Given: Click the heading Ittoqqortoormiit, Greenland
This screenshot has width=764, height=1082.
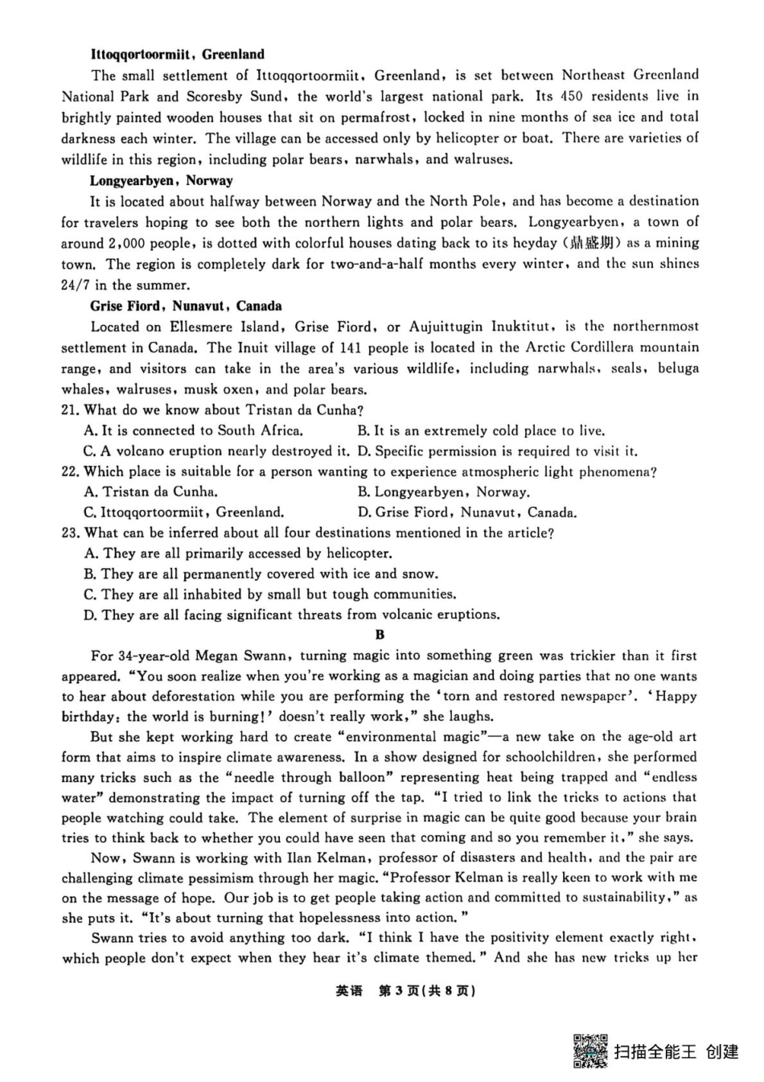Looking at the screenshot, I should coord(177,55).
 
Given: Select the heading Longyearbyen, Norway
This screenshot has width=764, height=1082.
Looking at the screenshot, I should coord(161,180).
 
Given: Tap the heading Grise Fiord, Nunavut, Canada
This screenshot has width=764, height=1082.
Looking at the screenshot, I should coord(186,306).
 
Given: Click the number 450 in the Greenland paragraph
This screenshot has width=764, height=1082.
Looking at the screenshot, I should coord(570,97).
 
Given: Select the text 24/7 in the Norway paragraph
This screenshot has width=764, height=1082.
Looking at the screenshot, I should coord(76,285).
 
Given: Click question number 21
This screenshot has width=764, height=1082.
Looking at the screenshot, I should coord(71,410).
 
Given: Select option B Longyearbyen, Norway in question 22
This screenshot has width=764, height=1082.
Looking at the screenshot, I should coord(443,492).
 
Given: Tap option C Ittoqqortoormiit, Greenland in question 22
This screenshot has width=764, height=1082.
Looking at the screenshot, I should coord(183,512).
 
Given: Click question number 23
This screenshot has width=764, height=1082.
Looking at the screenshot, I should coord(71,533).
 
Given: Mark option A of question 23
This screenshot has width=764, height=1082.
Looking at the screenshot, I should coord(237,553).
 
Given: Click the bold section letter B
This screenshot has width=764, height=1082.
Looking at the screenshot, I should coord(380,635).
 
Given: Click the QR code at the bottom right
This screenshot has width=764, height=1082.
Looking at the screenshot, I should coord(589,1051).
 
